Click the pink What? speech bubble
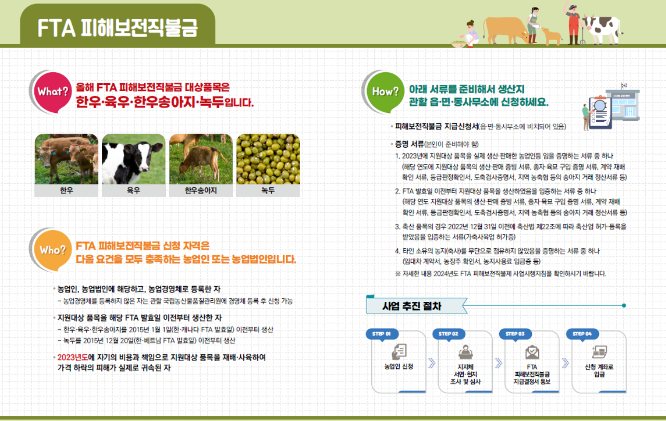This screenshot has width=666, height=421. click(x=53, y=92)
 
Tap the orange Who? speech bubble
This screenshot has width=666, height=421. click(x=53, y=250)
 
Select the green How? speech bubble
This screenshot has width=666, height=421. click(x=385, y=92)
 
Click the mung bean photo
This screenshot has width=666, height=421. click(x=268, y=159)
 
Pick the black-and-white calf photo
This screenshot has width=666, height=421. click(x=134, y=159)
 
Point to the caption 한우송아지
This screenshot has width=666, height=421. click(x=201, y=190)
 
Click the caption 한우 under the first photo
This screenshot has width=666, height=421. click(x=67, y=190)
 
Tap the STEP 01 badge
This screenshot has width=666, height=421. click(x=382, y=334)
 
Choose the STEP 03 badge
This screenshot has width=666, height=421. click(x=516, y=334)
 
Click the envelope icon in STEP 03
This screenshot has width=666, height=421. click(x=532, y=352)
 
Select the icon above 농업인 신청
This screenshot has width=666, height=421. click(x=399, y=352)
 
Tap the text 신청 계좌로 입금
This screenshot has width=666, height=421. click(x=599, y=371)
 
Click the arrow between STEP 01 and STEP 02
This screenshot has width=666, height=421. click(x=432, y=363)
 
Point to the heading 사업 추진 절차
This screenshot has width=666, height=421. click(x=411, y=306)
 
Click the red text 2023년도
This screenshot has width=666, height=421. click(x=73, y=358)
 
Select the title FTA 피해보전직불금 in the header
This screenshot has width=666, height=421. click(x=117, y=28)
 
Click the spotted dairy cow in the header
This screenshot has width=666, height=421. click(x=602, y=30)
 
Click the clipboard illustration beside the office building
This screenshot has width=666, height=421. click(x=600, y=112)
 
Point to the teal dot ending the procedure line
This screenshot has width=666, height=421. click(x=624, y=305)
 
